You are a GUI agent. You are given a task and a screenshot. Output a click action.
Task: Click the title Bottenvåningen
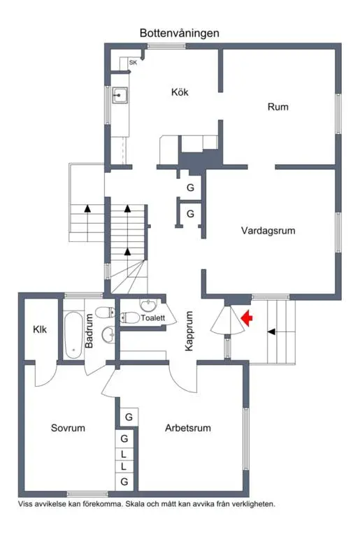(180, 34)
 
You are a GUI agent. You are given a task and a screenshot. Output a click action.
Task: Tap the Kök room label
(180, 92)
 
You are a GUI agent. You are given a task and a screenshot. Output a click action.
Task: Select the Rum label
(278, 107)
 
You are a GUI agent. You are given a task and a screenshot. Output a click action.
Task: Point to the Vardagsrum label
(268, 231)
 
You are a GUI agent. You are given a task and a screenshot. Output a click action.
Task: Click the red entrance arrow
(247, 319)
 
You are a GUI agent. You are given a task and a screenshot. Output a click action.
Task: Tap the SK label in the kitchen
(133, 63)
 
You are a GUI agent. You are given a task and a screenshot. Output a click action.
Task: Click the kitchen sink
(120, 95)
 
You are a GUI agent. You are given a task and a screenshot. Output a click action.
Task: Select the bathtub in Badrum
(74, 335)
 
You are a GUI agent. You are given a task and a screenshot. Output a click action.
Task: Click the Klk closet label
(40, 329)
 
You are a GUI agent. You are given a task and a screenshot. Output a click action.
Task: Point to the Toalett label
(153, 318)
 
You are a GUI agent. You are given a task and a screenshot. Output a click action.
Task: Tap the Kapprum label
(189, 331)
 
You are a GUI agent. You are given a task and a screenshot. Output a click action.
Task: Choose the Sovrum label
(68, 428)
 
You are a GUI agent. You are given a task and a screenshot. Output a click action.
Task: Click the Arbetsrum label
(188, 428)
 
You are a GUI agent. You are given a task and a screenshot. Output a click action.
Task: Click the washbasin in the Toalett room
(148, 304)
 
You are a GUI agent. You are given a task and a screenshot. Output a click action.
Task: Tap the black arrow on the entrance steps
(271, 331)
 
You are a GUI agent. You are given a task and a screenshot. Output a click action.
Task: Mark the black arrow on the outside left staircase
(87, 208)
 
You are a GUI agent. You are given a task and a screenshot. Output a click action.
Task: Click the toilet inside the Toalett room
(130, 317)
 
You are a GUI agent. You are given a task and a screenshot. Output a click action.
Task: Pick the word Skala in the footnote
(135, 504)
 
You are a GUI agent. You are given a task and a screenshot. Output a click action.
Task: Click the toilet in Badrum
(105, 313)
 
